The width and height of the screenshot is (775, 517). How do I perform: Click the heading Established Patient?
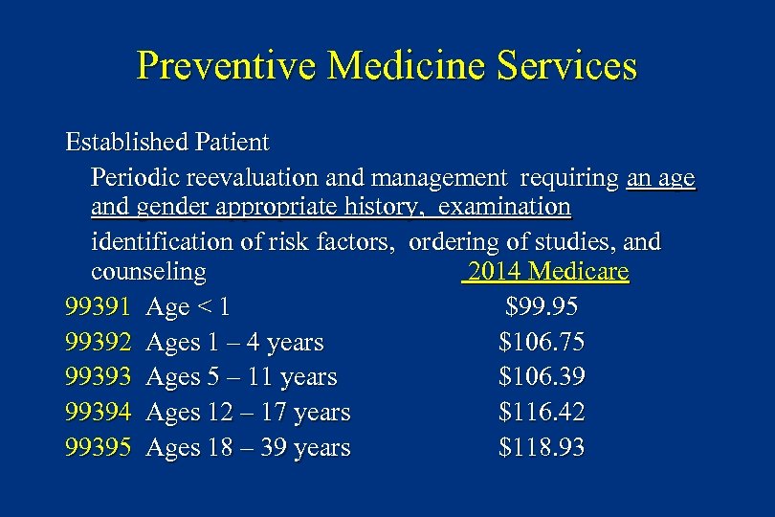tap(167, 143)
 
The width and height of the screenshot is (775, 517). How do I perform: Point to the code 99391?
tap(98, 307)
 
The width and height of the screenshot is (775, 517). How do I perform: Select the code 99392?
tap(98, 342)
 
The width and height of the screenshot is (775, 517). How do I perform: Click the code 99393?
tap(98, 377)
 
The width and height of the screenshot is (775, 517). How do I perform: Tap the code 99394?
tap(98, 413)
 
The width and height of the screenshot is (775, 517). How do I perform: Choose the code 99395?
tap(98, 447)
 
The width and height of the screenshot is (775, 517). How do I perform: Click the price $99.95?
tap(542, 307)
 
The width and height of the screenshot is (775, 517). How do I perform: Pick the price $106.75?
tap(542, 342)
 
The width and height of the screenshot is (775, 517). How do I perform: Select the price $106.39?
tap(542, 377)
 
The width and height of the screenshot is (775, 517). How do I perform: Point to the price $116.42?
tap(542, 413)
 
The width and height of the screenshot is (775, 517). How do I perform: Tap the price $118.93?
tap(542, 447)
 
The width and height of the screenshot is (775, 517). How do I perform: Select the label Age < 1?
tap(188, 307)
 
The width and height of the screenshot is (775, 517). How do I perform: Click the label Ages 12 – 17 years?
tap(248, 413)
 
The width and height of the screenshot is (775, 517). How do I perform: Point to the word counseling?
tap(148, 273)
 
